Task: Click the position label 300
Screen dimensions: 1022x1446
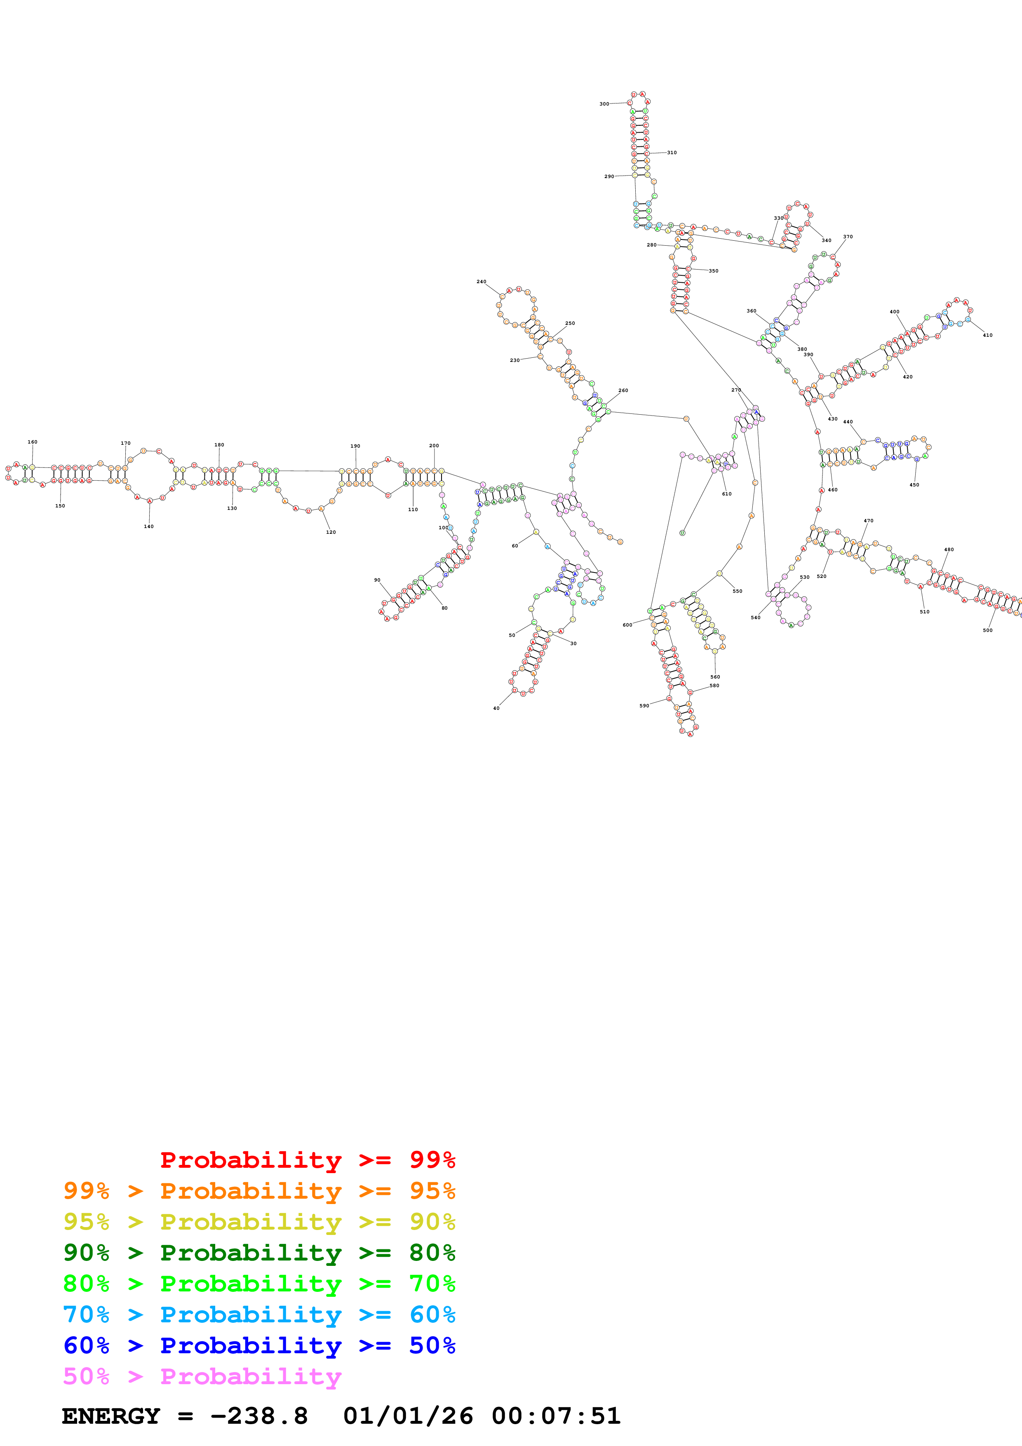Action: [x=604, y=104]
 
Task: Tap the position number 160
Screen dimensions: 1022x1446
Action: [x=32, y=442]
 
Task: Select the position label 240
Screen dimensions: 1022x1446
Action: [x=481, y=282]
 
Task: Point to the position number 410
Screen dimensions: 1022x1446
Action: [x=987, y=335]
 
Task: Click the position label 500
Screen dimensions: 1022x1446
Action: [x=987, y=630]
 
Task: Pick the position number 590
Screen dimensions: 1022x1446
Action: [x=644, y=706]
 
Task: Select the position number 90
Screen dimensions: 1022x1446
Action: [x=377, y=580]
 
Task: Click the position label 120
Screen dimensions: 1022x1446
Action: [x=331, y=532]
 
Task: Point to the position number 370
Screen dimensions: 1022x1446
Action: [x=848, y=237]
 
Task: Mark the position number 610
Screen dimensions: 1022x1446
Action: [x=727, y=494]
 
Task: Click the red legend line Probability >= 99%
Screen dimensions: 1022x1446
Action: [x=307, y=1160]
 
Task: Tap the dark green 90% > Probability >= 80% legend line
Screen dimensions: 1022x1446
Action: [x=259, y=1253]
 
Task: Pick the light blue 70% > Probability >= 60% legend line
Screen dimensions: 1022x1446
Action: [x=259, y=1315]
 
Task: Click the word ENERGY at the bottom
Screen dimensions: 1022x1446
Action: [x=111, y=1416]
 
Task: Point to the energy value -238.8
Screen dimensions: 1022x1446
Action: [x=259, y=1416]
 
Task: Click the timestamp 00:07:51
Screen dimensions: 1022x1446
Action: [x=556, y=1416]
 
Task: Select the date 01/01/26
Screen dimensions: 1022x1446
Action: [x=408, y=1416]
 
